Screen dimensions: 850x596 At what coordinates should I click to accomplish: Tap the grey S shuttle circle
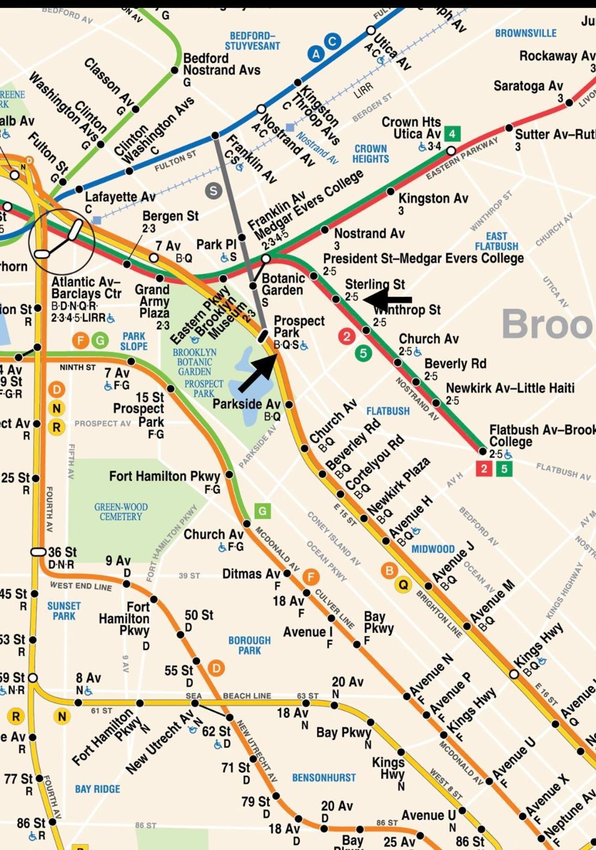click(x=213, y=191)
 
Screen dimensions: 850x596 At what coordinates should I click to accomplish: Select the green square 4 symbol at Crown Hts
click(x=452, y=134)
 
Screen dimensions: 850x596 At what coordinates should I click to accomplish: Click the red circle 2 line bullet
click(x=347, y=336)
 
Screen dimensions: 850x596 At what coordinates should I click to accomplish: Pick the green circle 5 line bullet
click(x=363, y=354)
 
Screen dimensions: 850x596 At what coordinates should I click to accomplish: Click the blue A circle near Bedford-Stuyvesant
click(x=316, y=54)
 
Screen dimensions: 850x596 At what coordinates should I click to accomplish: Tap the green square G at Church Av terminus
click(x=262, y=511)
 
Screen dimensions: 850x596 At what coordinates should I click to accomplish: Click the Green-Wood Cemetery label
click(x=121, y=512)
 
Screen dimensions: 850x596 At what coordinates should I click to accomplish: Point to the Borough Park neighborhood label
click(x=249, y=645)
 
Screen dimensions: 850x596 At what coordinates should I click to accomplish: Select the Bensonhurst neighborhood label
click(x=323, y=778)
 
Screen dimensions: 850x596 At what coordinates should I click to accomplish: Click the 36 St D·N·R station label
click(x=61, y=558)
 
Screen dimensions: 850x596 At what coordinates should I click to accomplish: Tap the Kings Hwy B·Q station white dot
click(x=514, y=674)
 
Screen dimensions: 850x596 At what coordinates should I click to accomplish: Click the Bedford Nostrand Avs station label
click(x=221, y=65)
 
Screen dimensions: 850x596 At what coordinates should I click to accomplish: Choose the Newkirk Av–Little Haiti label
click(x=510, y=388)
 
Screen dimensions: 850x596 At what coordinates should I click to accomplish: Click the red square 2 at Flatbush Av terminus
click(x=483, y=469)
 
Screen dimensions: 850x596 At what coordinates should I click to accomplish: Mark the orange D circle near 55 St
click(x=216, y=668)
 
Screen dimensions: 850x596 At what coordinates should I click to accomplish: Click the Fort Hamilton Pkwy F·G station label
click(x=165, y=476)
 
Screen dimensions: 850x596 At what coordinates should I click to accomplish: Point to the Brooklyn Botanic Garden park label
click(x=195, y=362)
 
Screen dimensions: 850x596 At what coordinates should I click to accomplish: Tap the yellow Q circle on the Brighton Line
click(x=403, y=585)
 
